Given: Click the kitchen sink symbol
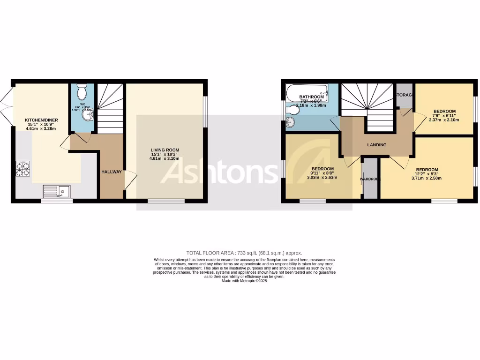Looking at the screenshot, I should coord(56,191).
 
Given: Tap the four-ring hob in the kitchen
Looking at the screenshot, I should coord(23,169).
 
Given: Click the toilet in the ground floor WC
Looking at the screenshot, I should coord(82,89).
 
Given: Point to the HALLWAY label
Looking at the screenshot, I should coord(112,172).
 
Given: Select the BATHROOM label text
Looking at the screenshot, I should coord(311,97).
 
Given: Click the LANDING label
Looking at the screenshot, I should coord(377,145).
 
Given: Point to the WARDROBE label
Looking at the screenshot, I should coord(370,179).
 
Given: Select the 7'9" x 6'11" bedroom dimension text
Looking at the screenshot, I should coord(443,115).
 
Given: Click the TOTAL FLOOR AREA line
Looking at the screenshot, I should coord(244,252).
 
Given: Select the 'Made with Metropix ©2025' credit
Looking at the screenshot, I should coord(244,281).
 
